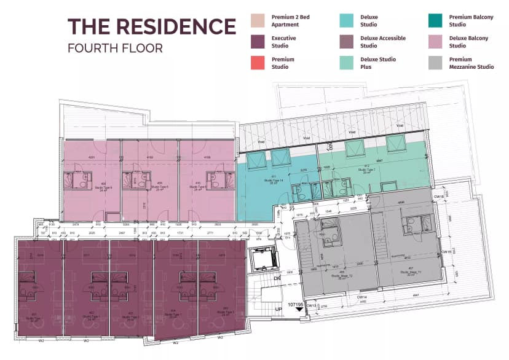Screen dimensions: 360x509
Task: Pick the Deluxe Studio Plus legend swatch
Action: coord(348,63)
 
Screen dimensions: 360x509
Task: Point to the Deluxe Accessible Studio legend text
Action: coord(383,42)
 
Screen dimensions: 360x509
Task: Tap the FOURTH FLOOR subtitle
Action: coord(115,48)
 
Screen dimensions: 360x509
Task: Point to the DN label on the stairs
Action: coord(278,278)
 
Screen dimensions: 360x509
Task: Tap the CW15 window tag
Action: coord(446,252)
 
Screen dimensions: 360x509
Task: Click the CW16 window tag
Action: coord(439,197)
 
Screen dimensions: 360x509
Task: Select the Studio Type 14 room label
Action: coord(272,182)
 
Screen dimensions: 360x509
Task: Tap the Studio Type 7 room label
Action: coord(368,171)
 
